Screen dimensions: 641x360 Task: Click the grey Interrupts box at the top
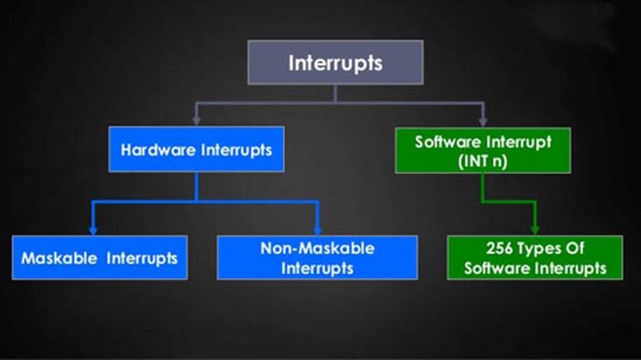point(335,63)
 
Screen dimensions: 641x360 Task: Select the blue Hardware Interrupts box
point(196,149)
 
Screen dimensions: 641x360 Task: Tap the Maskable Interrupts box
point(100,258)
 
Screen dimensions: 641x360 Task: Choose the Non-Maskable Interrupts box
point(317,258)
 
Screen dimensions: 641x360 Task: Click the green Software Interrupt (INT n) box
point(483,150)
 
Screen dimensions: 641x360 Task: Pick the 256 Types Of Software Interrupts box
point(535,258)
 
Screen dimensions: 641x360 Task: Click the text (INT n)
point(483,161)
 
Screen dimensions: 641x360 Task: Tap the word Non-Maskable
point(318,248)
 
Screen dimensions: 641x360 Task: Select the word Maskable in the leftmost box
point(59,259)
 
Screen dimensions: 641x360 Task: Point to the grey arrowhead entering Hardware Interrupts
point(196,120)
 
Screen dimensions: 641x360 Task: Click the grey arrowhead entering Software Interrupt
point(483,121)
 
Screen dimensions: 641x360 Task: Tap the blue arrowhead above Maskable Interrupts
point(93,229)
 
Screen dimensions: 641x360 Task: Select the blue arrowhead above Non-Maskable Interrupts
point(317,229)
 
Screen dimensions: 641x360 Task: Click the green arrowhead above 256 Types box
point(535,229)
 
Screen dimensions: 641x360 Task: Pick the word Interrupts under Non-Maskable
point(317,268)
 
